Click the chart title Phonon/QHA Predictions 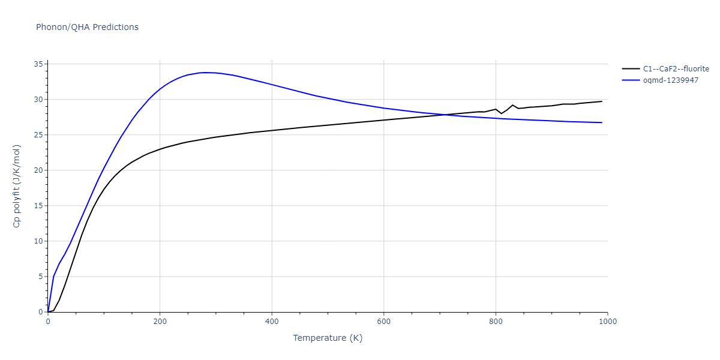click(87, 27)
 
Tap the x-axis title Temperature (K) click(328, 338)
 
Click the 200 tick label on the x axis click(160, 321)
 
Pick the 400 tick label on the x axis click(272, 321)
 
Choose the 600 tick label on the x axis click(384, 321)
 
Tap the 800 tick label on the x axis click(496, 321)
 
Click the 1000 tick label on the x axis click(607, 321)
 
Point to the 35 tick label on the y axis click(38, 64)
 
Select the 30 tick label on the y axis click(38, 100)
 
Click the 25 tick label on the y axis click(38, 135)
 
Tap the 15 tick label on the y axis click(38, 206)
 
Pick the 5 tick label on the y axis click(40, 277)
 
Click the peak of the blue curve click(205, 73)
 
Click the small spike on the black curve click(512, 105)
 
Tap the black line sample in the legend click(630, 69)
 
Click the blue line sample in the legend click(630, 80)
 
